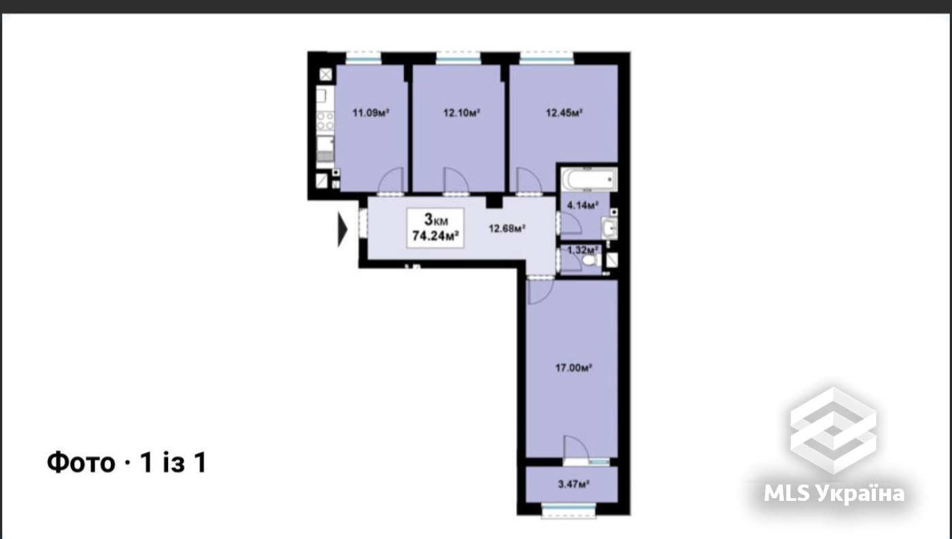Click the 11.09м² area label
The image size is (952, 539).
(x=370, y=113)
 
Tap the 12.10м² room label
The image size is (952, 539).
(x=462, y=113)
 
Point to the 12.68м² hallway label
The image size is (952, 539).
(x=507, y=229)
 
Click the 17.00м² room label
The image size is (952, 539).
(x=574, y=368)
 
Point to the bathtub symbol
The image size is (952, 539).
(x=589, y=181)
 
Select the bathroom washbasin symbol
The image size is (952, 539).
(x=610, y=229)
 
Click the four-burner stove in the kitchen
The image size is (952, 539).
(x=325, y=121)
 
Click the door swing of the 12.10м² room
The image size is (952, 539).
(x=455, y=181)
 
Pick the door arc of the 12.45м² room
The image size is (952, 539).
(x=528, y=181)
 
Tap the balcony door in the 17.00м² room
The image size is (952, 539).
(x=575, y=449)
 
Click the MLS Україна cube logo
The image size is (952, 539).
(x=833, y=429)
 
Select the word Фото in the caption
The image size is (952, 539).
(x=80, y=463)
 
